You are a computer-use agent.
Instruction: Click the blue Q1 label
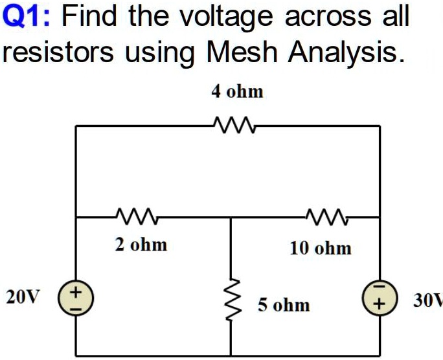click(26, 16)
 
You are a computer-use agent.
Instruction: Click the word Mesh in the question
click(242, 52)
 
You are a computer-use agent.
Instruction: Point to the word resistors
click(58, 52)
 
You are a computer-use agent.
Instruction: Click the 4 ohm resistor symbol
click(234, 125)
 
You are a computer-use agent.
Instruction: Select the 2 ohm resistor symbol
click(137, 216)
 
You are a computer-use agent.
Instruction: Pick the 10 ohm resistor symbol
click(327, 217)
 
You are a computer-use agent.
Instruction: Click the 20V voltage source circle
click(76, 298)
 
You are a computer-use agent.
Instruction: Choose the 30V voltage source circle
click(380, 298)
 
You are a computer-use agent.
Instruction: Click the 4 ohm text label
click(237, 92)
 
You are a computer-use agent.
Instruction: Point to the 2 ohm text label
click(141, 245)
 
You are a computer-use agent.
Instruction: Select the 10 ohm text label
click(321, 248)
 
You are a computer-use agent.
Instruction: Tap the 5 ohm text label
click(284, 305)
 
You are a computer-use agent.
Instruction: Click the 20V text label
click(23, 297)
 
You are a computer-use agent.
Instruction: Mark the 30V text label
click(428, 300)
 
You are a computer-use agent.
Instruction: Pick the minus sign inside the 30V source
click(380, 287)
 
